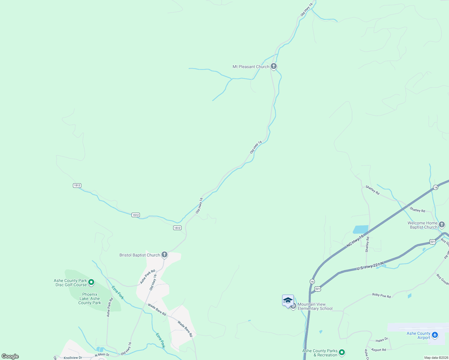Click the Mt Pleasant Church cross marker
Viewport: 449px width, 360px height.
click(x=273, y=66)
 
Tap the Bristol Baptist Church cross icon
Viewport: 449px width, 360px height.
click(x=164, y=255)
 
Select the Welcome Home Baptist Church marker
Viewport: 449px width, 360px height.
click(x=441, y=225)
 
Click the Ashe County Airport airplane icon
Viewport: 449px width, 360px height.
click(x=435, y=335)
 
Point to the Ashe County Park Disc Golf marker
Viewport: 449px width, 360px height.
click(x=92, y=282)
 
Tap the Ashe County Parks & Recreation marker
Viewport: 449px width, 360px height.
click(x=342, y=352)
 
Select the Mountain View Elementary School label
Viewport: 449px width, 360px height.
click(x=315, y=306)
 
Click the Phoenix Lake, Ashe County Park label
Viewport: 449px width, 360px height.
click(x=89, y=298)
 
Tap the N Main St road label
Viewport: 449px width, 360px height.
click(x=102, y=355)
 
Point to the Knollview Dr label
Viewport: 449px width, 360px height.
click(x=73, y=358)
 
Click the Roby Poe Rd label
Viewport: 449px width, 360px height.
click(x=381, y=295)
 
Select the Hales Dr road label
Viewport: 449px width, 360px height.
click(x=382, y=340)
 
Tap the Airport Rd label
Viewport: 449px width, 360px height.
click(x=378, y=350)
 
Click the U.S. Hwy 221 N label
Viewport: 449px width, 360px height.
click(x=370, y=266)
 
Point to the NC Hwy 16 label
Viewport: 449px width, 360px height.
click(x=355, y=241)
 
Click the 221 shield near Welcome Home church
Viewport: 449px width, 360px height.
click(x=432, y=241)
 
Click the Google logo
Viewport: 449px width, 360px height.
click(x=10, y=356)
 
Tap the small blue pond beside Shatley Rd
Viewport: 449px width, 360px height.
click(x=360, y=229)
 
